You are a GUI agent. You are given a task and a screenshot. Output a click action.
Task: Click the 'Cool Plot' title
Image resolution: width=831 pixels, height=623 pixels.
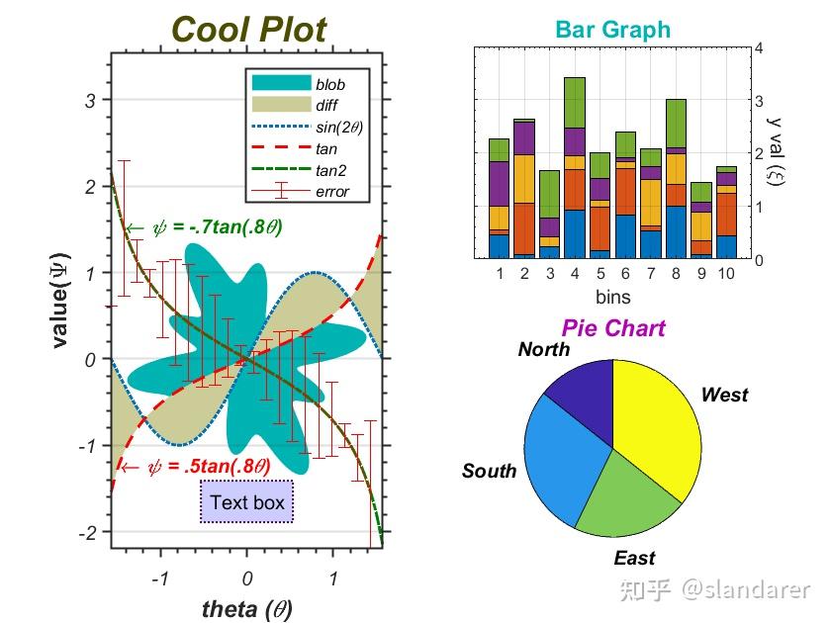248,30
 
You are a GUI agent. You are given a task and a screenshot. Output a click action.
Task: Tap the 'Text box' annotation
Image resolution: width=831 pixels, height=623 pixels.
247,502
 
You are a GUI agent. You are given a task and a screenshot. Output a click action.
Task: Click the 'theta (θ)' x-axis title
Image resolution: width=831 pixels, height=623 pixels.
247,608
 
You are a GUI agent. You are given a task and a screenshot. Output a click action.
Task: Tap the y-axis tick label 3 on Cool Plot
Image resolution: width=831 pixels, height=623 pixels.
90,100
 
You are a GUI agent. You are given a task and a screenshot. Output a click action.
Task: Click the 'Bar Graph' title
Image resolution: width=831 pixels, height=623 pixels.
612,30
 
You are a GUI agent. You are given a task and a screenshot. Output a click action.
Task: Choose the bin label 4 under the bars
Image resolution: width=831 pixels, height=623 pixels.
576,273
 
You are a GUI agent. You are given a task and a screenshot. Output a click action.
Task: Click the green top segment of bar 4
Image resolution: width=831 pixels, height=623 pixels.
576,102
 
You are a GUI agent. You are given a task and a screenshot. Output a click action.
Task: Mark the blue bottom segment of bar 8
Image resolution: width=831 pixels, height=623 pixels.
676,232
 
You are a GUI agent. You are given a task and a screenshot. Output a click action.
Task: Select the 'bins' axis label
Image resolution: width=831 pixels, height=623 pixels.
612,296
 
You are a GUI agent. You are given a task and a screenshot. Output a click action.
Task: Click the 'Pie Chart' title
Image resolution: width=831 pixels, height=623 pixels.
613,327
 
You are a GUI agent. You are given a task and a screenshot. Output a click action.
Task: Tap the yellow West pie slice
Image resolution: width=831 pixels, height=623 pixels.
658,425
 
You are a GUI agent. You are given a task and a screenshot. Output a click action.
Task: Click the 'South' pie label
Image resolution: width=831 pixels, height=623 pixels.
489,471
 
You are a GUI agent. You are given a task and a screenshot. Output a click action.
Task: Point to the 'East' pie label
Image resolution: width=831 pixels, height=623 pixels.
634,559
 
